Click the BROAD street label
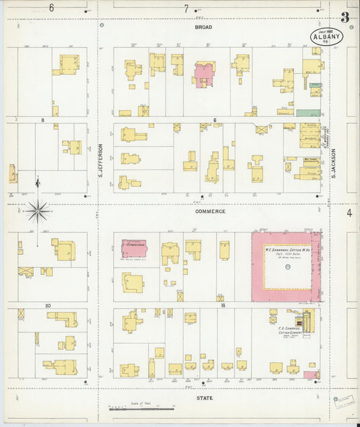(x=203, y=27)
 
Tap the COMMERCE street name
(x=211, y=211)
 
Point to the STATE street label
(x=204, y=399)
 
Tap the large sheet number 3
(x=344, y=18)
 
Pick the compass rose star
(x=38, y=211)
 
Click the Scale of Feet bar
(x=135, y=409)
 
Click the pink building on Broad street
(x=205, y=74)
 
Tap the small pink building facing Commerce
(x=134, y=248)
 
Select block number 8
(x=42, y=120)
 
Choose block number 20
(x=48, y=305)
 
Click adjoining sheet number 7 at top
(x=186, y=8)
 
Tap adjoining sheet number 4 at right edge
(x=349, y=213)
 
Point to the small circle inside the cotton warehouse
(x=287, y=268)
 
